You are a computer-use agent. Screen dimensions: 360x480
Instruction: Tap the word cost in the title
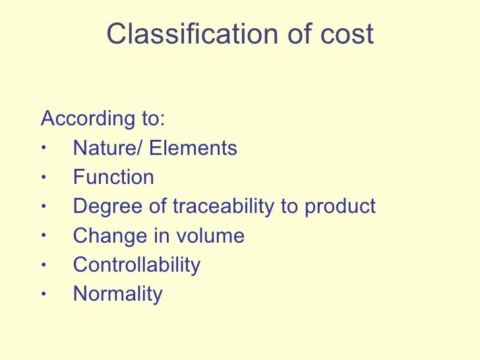[349, 34]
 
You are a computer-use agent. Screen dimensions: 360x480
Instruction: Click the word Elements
[193, 148]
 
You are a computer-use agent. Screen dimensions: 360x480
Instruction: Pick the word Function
[113, 177]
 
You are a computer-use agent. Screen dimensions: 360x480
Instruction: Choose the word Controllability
[136, 264]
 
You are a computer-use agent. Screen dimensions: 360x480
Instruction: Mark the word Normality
[117, 293]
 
